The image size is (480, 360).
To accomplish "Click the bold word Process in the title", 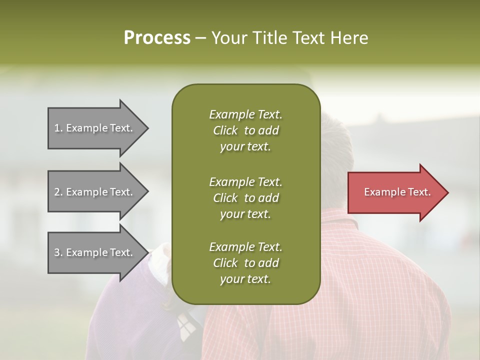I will [x=157, y=38].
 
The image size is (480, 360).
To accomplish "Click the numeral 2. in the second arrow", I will [x=58, y=192].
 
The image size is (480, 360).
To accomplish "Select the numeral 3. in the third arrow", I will [x=58, y=253].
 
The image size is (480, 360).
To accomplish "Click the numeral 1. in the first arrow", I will [x=58, y=128].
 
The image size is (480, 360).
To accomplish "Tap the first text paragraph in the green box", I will [x=245, y=130].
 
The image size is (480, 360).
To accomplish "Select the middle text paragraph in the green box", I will [x=245, y=198].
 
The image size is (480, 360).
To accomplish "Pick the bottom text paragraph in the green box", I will [x=245, y=263].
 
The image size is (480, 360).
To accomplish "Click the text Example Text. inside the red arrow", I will [x=397, y=192].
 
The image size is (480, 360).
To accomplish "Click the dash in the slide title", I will [x=200, y=38].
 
